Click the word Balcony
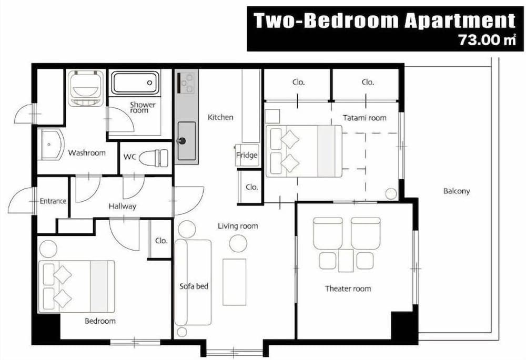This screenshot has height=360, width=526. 457,191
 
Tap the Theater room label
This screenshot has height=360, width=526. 348,289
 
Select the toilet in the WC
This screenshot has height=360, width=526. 153,158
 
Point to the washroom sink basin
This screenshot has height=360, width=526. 51,145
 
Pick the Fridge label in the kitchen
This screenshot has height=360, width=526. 247,155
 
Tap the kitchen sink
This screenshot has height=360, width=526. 186,141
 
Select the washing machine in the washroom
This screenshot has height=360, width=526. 86,88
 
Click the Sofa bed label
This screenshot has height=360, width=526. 194,286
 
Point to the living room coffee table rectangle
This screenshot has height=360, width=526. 235,282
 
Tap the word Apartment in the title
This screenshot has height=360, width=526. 460,20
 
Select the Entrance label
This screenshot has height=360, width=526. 53,201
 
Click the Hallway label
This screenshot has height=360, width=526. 123,206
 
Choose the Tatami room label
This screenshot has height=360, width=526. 365,118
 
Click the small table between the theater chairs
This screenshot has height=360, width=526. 346,261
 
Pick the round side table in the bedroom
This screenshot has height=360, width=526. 48,249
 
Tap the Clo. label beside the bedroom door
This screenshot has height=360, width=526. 161,241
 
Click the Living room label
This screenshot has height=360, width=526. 238,226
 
